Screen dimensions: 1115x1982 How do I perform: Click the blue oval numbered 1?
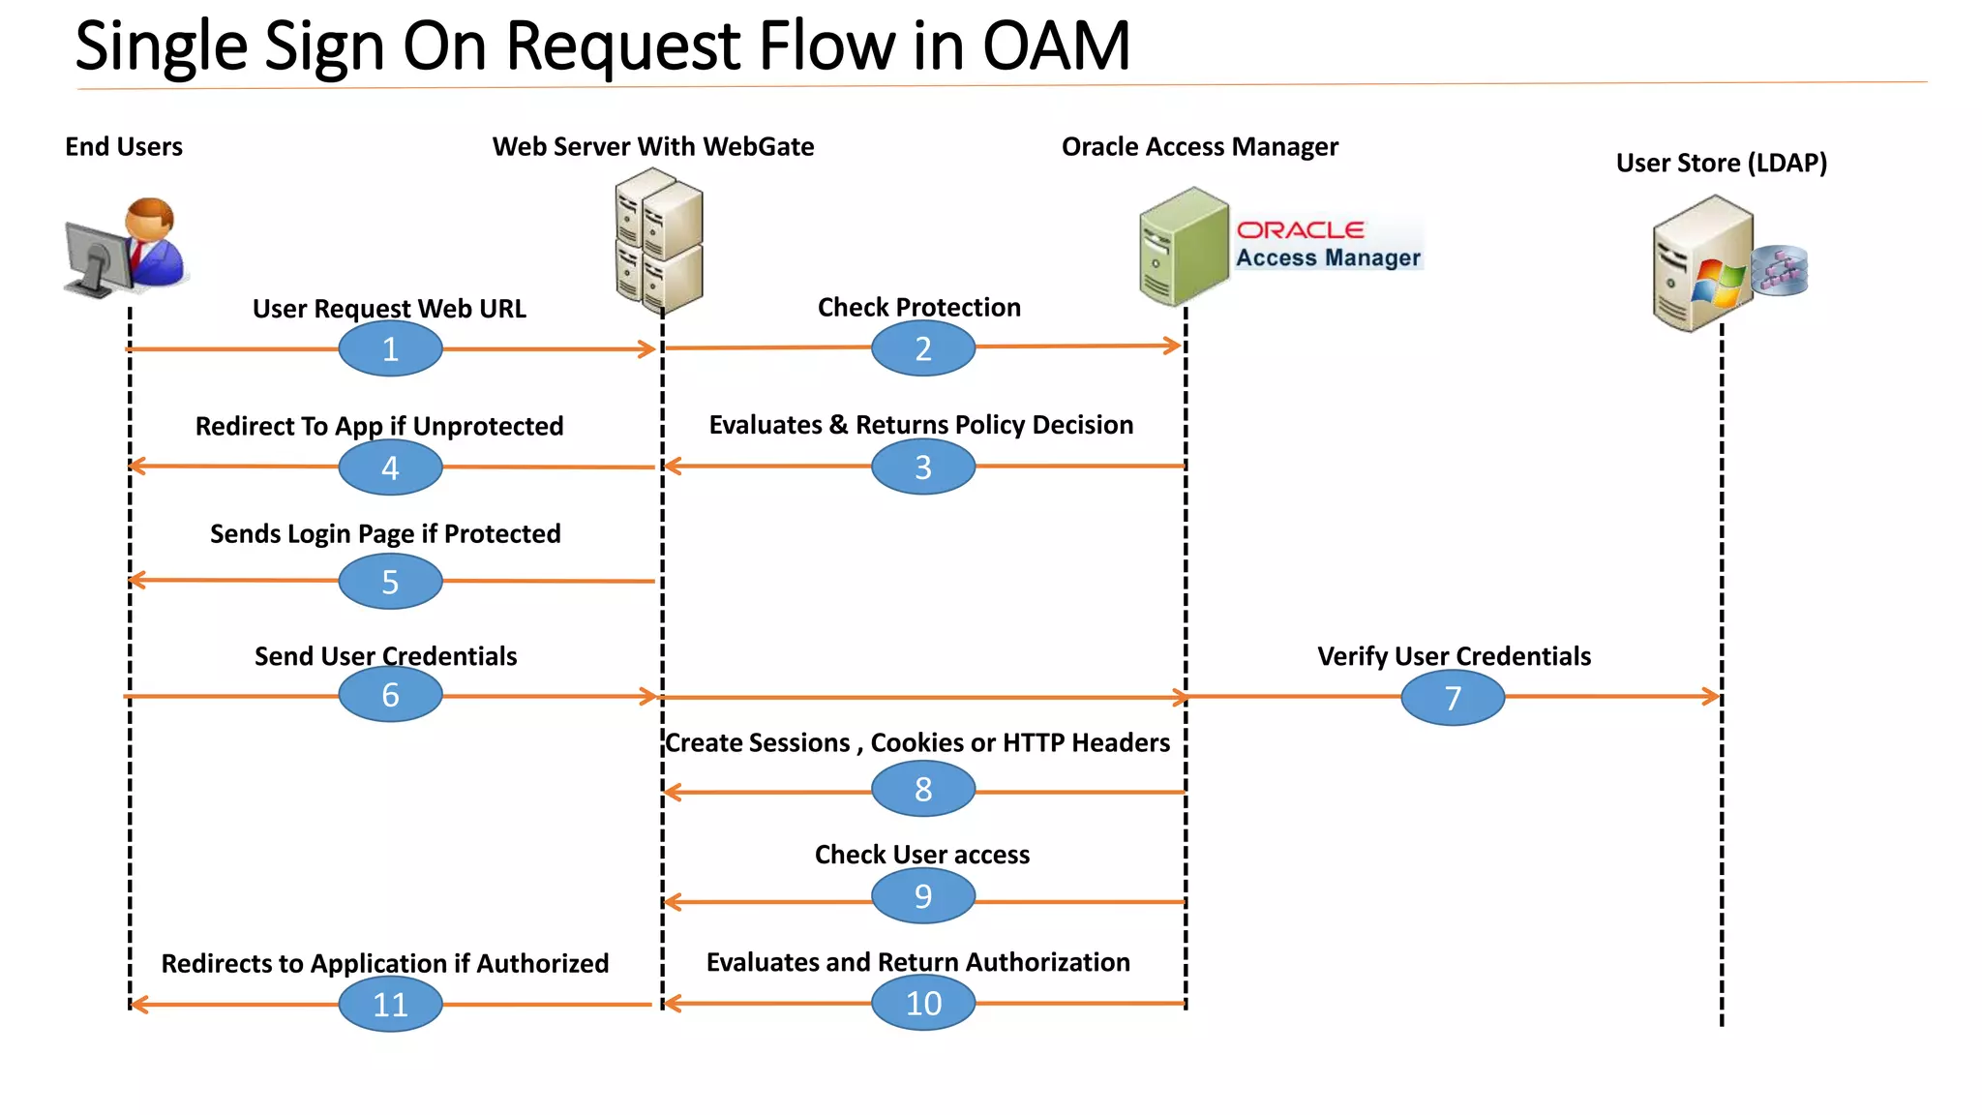pos(390,348)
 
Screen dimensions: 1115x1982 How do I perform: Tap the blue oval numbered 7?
pos(1452,698)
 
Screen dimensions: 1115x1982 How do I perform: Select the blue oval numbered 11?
pos(390,1004)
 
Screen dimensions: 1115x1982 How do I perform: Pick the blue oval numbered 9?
pos(922,896)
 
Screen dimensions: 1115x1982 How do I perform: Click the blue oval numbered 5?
pos(390,582)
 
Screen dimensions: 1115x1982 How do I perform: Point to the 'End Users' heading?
pos(123,147)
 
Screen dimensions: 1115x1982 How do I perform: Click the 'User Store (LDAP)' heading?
pos(1721,163)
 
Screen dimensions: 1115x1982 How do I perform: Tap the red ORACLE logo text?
pos(1300,230)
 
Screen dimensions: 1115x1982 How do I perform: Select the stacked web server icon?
pos(659,239)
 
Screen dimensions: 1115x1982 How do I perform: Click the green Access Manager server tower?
pos(1183,246)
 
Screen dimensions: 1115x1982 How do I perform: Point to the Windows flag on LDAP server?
pos(1718,282)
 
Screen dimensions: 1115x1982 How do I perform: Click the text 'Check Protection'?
pos(918,308)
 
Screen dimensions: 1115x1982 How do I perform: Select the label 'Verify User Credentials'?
pos(1453,656)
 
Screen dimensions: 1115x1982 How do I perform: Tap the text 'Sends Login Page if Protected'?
pos(385,534)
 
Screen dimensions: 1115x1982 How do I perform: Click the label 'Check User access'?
pos(921,855)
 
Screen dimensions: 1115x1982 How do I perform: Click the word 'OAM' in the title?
pos(1056,45)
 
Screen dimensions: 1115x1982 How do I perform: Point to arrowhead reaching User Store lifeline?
pos(1712,696)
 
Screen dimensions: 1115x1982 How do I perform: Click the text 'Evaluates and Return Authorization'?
pos(917,962)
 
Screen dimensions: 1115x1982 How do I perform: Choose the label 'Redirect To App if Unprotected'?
pos(378,427)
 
